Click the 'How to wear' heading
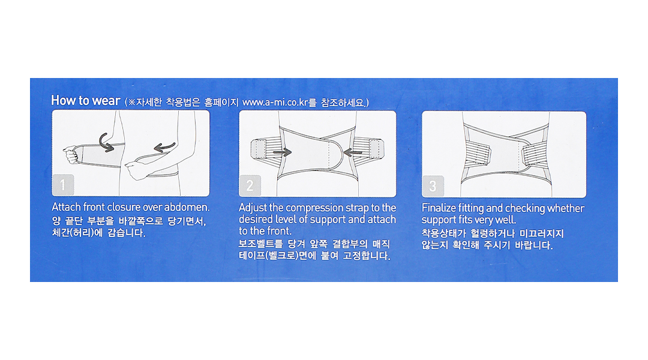(86, 100)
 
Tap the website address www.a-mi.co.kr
(275, 102)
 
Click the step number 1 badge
(63, 185)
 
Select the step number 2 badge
(250, 185)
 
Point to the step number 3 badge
(433, 186)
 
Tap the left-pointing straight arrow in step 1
(164, 147)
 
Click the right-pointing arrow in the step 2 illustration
(282, 152)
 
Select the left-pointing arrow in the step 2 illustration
(353, 153)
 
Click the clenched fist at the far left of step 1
(71, 154)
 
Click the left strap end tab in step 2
(259, 149)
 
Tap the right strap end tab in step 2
(376, 149)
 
